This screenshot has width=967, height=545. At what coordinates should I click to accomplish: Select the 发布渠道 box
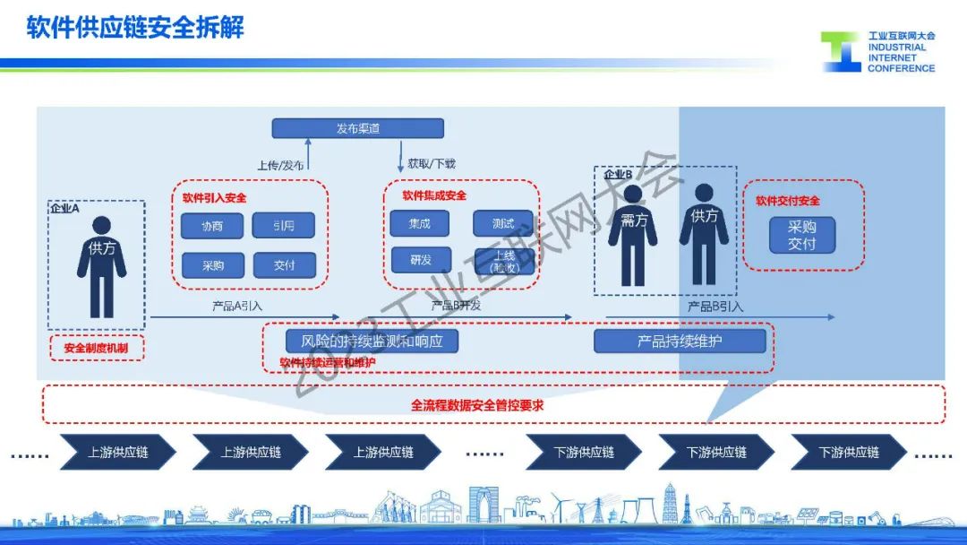(x=357, y=128)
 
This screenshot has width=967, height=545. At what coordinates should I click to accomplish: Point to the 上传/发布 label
(x=280, y=165)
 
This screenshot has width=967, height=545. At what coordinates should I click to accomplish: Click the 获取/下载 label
(x=432, y=164)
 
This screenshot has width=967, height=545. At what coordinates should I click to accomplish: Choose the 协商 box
(x=211, y=226)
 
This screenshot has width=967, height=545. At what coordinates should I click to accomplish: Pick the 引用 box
(x=284, y=226)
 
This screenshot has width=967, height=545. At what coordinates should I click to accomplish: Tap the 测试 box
(x=503, y=223)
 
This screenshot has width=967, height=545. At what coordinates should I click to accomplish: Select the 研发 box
(x=420, y=260)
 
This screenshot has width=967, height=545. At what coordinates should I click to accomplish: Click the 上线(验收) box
(x=503, y=261)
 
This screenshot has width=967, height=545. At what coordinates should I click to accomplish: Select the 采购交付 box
(x=802, y=236)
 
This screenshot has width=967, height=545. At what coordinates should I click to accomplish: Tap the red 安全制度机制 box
(x=97, y=348)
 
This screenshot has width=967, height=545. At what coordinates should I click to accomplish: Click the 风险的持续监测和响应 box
(x=372, y=342)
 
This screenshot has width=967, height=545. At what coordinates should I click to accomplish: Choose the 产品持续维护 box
(x=680, y=342)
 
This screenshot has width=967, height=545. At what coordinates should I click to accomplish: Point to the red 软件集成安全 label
(x=434, y=195)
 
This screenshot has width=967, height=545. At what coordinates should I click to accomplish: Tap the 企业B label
(x=619, y=175)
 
